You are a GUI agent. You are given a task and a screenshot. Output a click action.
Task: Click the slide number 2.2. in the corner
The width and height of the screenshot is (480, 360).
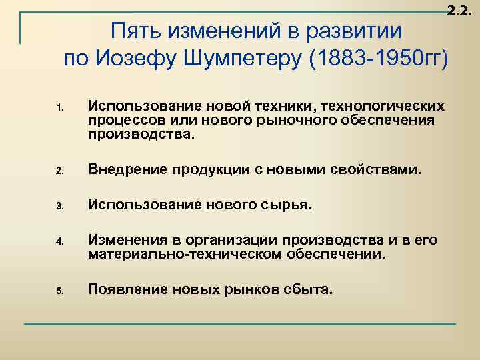461,9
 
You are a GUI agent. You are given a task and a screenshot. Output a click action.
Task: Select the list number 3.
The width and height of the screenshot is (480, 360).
59,207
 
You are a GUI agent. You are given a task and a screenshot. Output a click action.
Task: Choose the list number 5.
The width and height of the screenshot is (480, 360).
59,291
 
